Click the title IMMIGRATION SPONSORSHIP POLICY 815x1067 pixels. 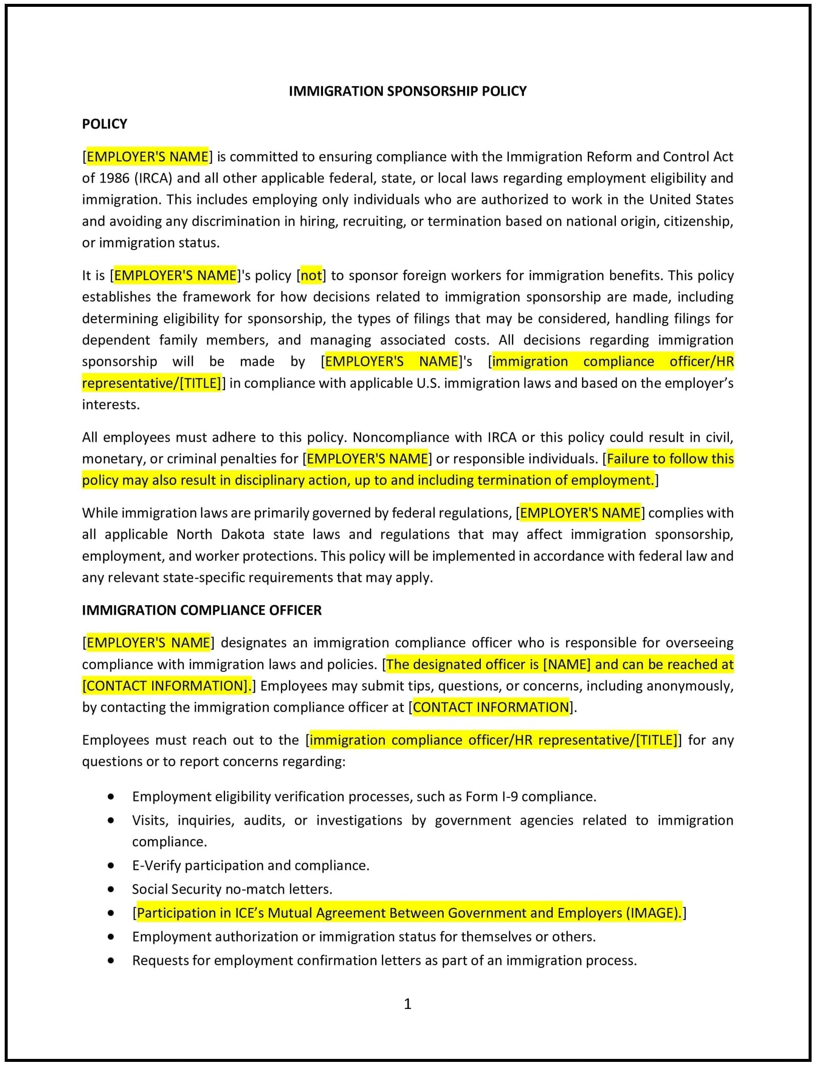pyautogui.click(x=407, y=91)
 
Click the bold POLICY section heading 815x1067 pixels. pyautogui.click(x=104, y=124)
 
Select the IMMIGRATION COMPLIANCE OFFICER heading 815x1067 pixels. pyautogui.click(x=201, y=610)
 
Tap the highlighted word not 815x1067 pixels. pyautogui.click(x=311, y=275)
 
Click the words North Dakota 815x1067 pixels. pyautogui.click(x=221, y=534)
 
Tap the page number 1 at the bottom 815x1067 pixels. pyautogui.click(x=407, y=1003)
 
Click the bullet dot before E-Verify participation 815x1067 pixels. pyautogui.click(x=111, y=865)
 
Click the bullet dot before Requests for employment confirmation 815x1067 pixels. pyautogui.click(x=111, y=960)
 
